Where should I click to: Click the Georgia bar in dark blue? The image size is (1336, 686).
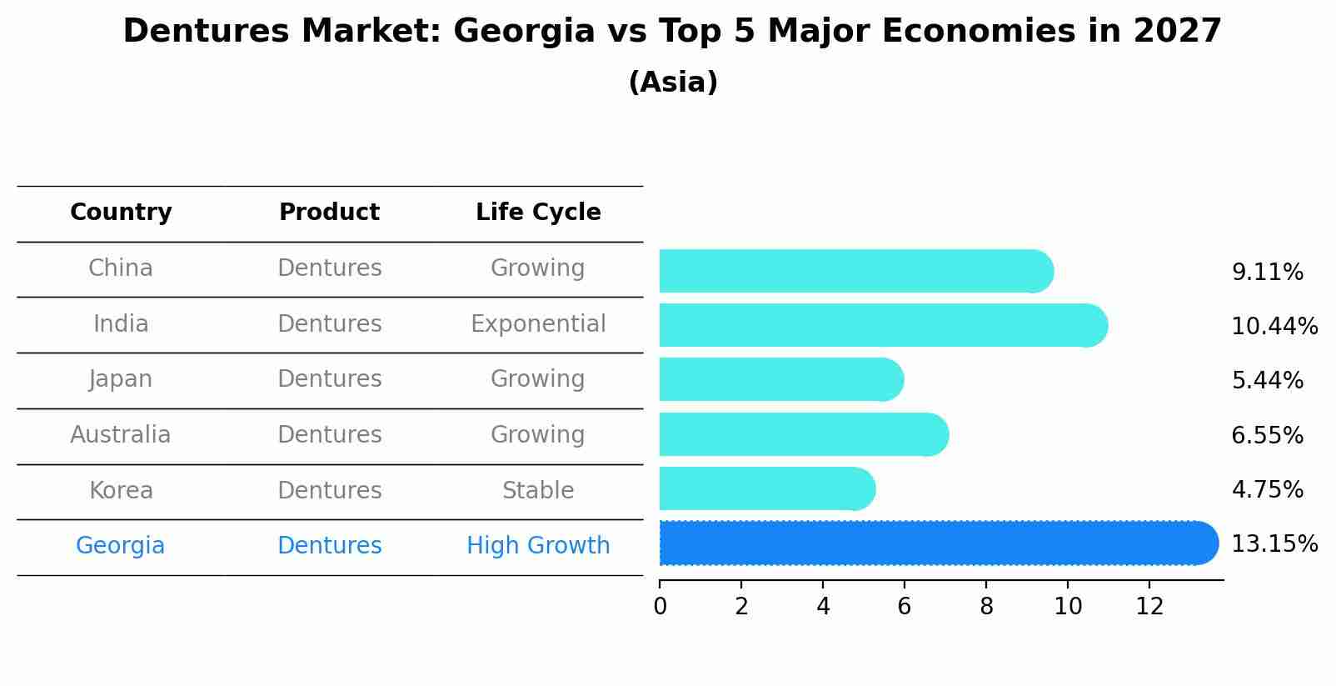click(x=937, y=543)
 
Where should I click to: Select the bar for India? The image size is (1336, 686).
click(x=883, y=325)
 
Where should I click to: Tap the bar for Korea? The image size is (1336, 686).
click(x=766, y=488)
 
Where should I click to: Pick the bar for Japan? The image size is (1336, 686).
click(x=780, y=379)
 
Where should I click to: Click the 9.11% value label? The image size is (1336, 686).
click(x=1267, y=273)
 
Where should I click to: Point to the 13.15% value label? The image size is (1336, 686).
click(x=1274, y=544)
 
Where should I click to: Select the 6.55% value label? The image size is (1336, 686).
click(x=1267, y=435)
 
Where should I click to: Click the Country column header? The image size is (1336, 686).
click(x=121, y=213)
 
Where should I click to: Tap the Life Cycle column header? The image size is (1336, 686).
click(x=538, y=213)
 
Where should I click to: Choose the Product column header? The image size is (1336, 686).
click(x=329, y=213)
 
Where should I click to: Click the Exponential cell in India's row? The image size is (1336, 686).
click(x=538, y=324)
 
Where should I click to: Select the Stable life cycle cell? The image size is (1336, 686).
click(x=538, y=491)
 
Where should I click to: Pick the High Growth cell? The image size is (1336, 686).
click(x=538, y=546)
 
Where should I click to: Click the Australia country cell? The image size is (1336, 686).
click(x=121, y=435)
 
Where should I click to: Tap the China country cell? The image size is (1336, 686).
click(x=121, y=268)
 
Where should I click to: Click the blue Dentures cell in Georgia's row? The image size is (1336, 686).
click(x=329, y=546)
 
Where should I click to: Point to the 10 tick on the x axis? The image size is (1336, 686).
click(x=1068, y=607)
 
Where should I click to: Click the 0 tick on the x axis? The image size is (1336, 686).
click(x=660, y=607)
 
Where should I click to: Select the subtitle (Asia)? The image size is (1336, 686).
click(x=673, y=83)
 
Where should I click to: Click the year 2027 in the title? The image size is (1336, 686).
click(x=1177, y=32)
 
